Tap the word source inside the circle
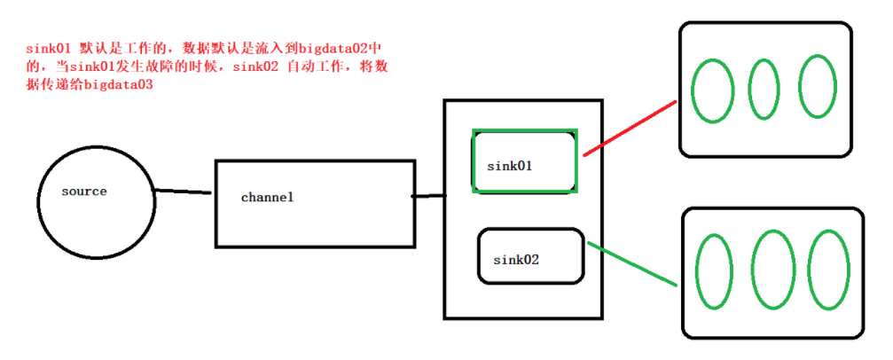tap(84, 192)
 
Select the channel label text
tap(267, 198)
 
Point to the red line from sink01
tap(630, 128)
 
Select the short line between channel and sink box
tap(429, 196)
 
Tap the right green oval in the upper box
tap(817, 87)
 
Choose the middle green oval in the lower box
tap(771, 271)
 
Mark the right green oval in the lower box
tap(827, 270)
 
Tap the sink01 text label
tap(509, 166)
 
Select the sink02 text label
tap(516, 260)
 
